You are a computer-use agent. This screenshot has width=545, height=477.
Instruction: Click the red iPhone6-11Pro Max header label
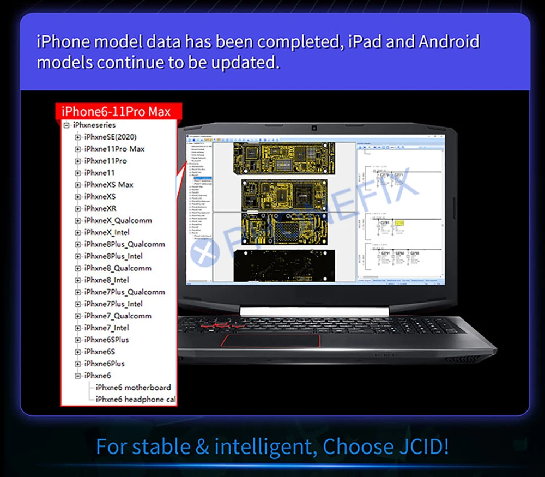click(x=116, y=112)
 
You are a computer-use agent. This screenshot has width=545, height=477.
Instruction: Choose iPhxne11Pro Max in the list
click(x=114, y=149)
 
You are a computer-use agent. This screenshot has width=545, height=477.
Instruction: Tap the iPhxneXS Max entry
click(x=108, y=184)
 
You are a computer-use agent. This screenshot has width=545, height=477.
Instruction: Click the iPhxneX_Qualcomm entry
click(x=118, y=220)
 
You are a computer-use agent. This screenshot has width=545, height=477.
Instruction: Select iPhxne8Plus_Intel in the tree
click(x=113, y=256)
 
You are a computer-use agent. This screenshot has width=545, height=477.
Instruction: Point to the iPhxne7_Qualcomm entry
click(x=118, y=316)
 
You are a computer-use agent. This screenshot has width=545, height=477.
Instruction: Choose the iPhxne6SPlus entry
click(x=106, y=340)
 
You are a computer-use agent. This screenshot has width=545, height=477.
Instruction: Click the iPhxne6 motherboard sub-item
click(x=133, y=388)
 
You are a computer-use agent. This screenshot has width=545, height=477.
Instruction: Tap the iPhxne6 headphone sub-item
click(x=136, y=400)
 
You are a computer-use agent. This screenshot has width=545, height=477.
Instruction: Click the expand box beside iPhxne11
click(x=77, y=173)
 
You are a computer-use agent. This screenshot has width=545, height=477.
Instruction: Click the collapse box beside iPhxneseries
click(x=66, y=125)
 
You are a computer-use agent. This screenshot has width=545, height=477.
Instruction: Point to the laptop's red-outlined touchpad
click(x=270, y=341)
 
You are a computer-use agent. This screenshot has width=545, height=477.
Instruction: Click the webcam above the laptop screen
click(x=314, y=129)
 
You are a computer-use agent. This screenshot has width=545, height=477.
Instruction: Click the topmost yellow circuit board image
click(x=283, y=158)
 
